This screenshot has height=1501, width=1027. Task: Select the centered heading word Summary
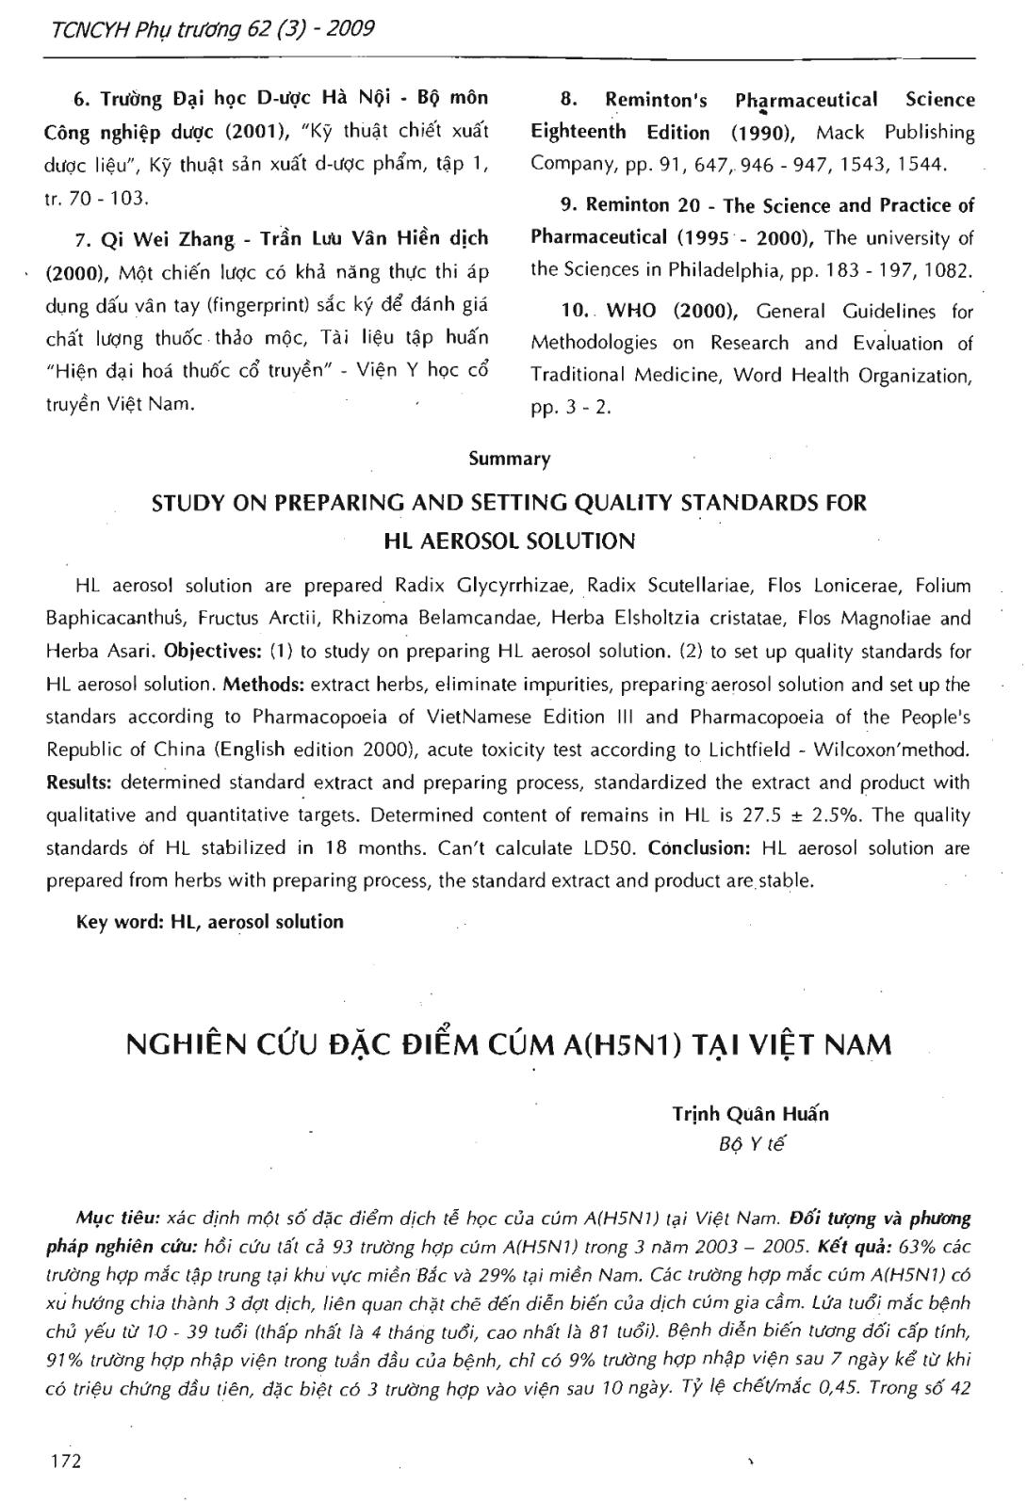(510, 459)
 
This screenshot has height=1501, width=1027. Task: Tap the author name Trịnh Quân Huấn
(751, 1114)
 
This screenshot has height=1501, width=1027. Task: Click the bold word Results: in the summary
(82, 783)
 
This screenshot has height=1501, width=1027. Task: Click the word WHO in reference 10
(630, 311)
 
